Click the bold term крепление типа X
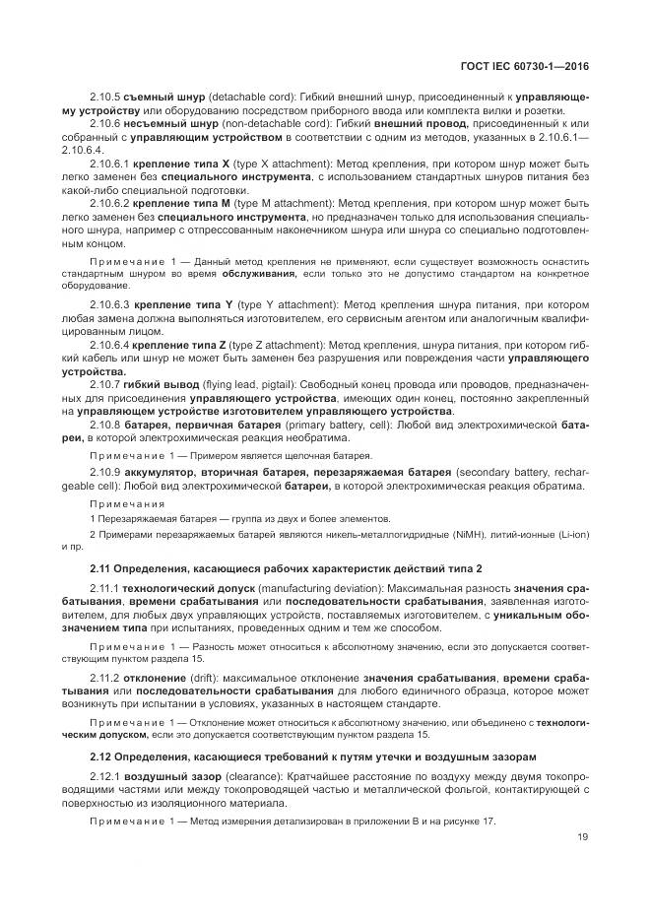coord(175,161)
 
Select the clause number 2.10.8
coord(103,435)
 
